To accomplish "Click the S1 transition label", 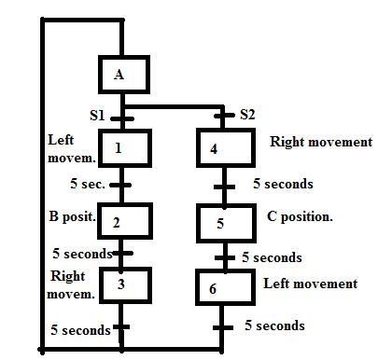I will point(97,116).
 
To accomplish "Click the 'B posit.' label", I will point(72,216).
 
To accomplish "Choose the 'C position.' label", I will point(300,216).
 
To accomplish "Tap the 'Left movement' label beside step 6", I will point(310,284).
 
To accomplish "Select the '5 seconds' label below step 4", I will point(283,184).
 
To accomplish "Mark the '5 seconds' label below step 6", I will point(274,325).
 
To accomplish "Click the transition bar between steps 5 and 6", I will point(224,257).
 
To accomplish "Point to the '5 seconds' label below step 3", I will point(81,328).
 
